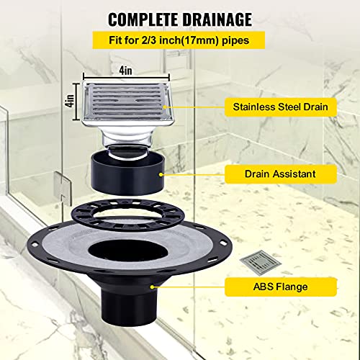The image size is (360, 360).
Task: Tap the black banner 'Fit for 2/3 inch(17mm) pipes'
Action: click(x=179, y=41)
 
